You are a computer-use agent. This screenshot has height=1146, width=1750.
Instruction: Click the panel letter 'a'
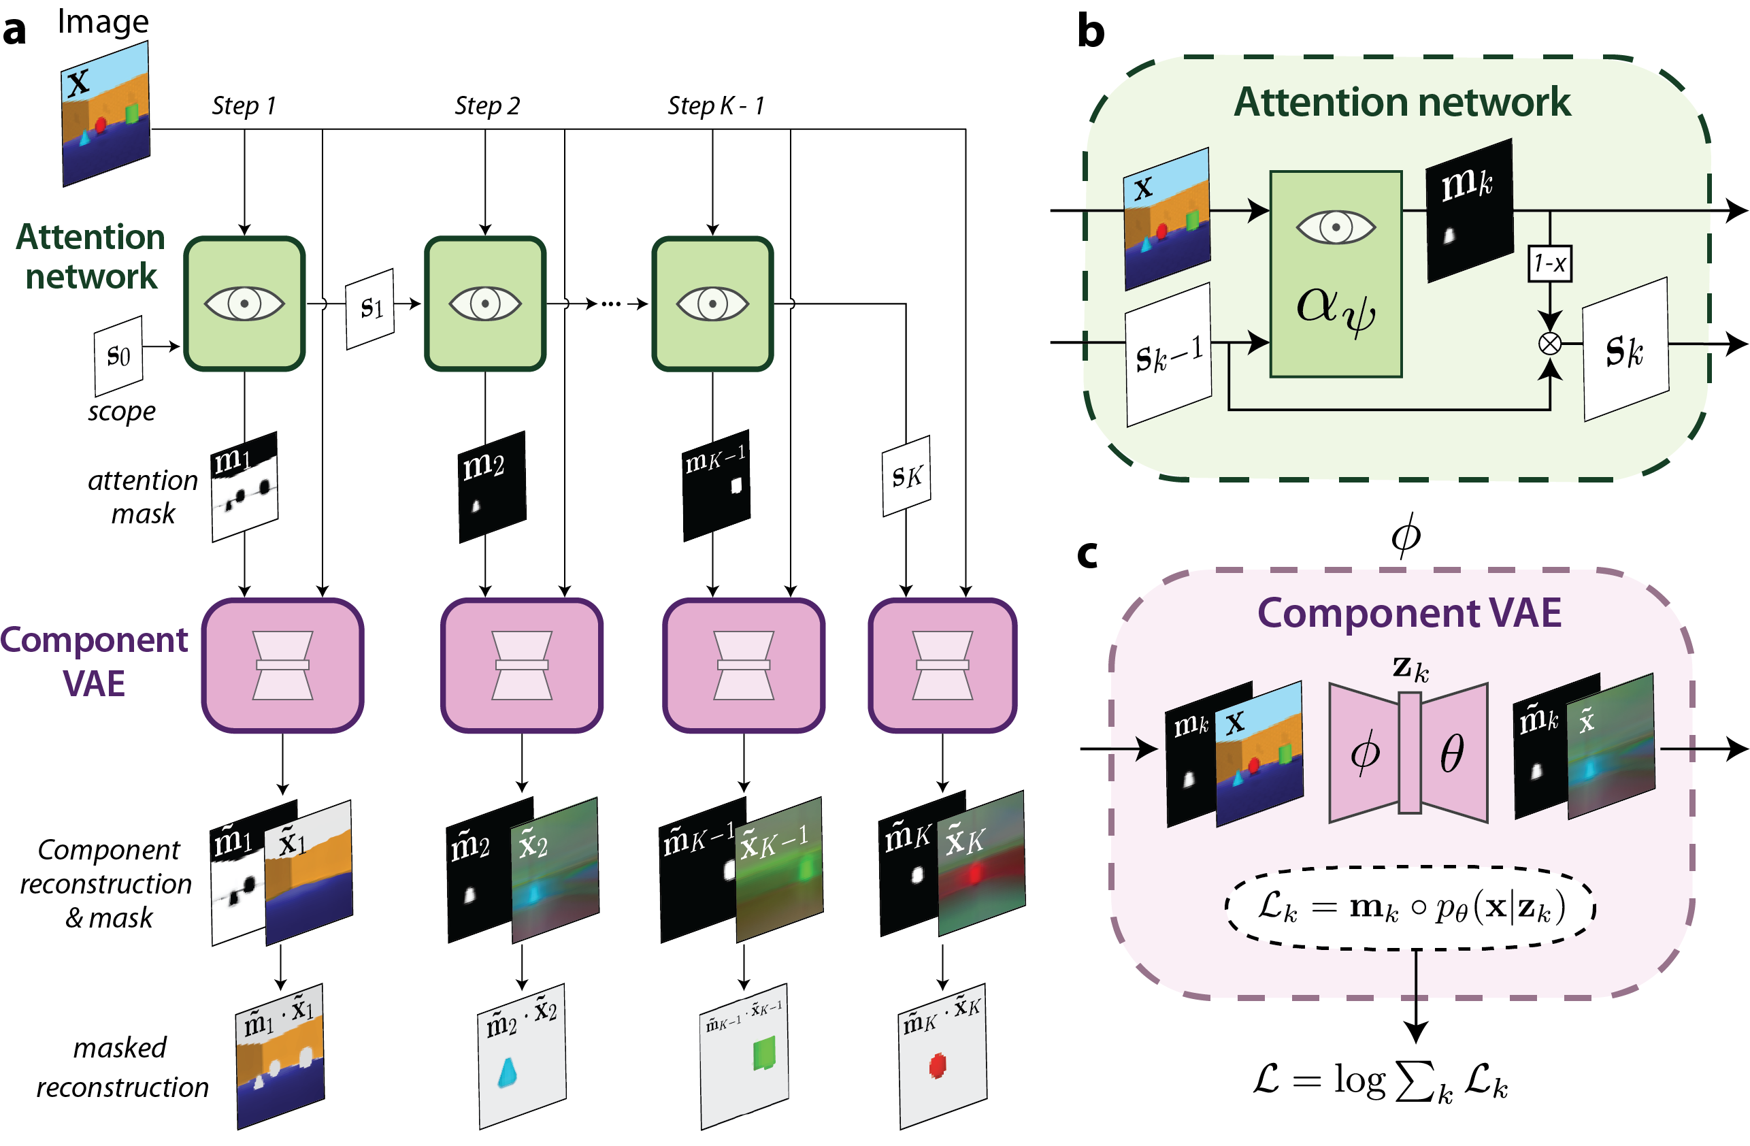tap(14, 31)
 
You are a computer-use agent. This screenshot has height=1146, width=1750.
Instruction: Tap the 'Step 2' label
tap(486, 106)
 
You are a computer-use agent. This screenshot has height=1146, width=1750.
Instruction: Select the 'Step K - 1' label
tap(715, 106)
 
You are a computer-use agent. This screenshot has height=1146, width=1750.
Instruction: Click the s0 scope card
tap(118, 356)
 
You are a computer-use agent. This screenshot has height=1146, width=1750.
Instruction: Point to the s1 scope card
tap(371, 308)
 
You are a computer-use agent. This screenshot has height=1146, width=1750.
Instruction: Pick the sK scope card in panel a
tap(906, 476)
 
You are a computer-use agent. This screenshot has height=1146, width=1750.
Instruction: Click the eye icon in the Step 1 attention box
tap(244, 303)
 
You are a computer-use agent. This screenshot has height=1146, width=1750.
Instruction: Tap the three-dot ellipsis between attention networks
tap(611, 304)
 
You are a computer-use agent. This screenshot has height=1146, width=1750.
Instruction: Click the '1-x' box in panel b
tap(1550, 263)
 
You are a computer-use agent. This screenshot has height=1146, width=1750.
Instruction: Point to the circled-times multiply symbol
tap(1550, 344)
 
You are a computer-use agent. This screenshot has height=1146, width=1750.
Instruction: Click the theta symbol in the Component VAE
tap(1451, 753)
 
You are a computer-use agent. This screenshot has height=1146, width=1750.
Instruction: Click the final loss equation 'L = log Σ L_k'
tap(1379, 1081)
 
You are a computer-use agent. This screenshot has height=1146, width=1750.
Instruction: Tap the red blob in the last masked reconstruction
tap(938, 1065)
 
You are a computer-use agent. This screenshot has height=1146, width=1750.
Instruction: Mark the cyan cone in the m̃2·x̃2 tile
tap(508, 1073)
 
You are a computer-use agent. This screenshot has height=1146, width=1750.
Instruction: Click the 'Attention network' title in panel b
tap(1402, 102)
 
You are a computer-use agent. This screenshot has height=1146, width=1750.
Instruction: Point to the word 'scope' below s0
tap(121, 412)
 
